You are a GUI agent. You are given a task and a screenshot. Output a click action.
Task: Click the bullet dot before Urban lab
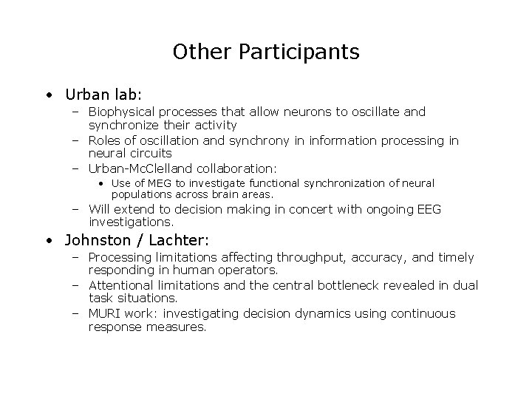click(x=48, y=95)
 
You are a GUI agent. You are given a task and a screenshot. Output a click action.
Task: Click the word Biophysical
click(x=122, y=112)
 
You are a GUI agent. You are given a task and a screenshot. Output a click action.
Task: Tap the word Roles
click(x=106, y=140)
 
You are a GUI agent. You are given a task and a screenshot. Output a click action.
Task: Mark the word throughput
click(x=311, y=257)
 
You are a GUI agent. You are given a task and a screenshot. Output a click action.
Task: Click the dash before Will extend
click(x=77, y=209)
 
